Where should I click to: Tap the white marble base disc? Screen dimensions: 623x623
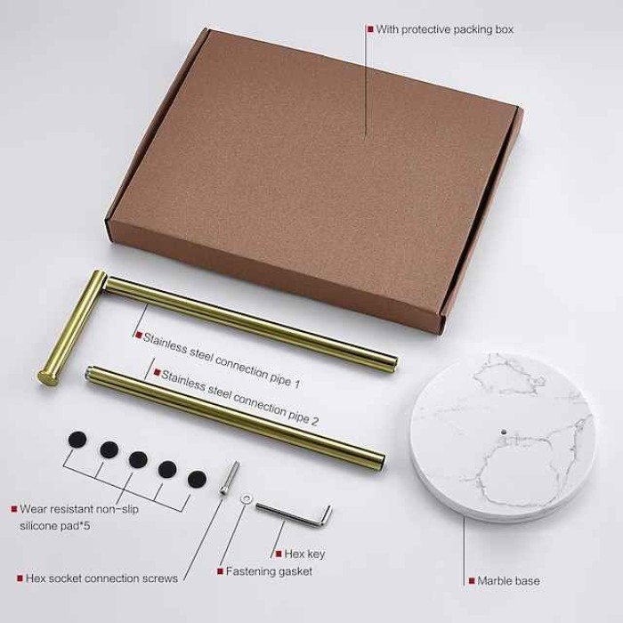[x=503, y=437]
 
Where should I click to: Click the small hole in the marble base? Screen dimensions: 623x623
[x=504, y=431]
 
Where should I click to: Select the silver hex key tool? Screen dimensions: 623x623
[x=294, y=514]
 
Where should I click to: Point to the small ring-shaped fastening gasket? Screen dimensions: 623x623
[x=246, y=498]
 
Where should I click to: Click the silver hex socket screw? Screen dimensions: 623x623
[x=230, y=478]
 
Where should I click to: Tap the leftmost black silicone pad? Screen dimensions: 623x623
[x=77, y=440]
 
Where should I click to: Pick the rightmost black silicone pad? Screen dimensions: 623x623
[x=197, y=479]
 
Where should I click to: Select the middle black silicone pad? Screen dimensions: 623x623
[x=138, y=459]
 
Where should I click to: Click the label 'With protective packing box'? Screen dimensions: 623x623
[x=445, y=29]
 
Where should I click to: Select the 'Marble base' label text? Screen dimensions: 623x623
[x=508, y=581]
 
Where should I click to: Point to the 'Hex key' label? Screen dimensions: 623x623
[x=304, y=554]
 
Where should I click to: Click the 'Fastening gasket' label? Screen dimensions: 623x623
[x=269, y=571]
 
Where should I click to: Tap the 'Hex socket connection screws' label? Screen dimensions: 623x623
[x=101, y=578]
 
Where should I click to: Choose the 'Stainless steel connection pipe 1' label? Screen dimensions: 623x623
[x=222, y=360]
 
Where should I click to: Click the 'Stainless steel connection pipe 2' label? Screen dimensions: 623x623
[x=239, y=398]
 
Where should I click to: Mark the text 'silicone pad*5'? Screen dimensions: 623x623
[x=55, y=526]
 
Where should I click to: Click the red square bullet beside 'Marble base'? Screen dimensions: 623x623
[x=472, y=581]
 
